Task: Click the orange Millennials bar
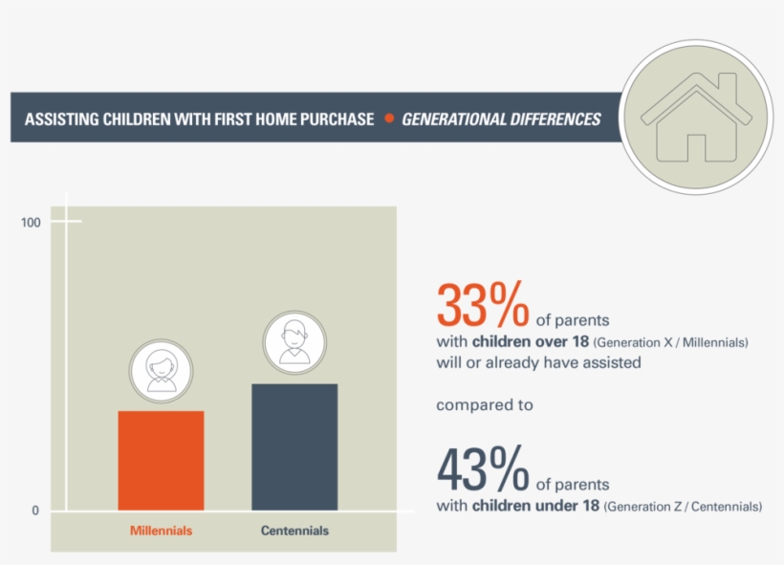coord(161,460)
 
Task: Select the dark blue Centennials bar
coord(294,446)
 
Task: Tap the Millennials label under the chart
coord(161,531)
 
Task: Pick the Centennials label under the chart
coord(294,531)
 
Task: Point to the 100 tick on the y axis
coord(31,223)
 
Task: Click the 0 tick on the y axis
coord(35,511)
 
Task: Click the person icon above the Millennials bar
coord(161,371)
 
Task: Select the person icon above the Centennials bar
coord(294,342)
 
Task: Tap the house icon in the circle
coord(697,116)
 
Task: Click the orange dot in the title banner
coord(389,119)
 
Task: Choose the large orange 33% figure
coord(482,304)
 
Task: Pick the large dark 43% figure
coord(482,468)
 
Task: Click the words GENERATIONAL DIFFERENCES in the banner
coord(501,120)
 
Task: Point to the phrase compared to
coord(485,405)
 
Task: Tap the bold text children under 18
coord(535,506)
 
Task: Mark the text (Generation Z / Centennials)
coord(683,507)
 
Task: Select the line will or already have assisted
coord(538,363)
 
